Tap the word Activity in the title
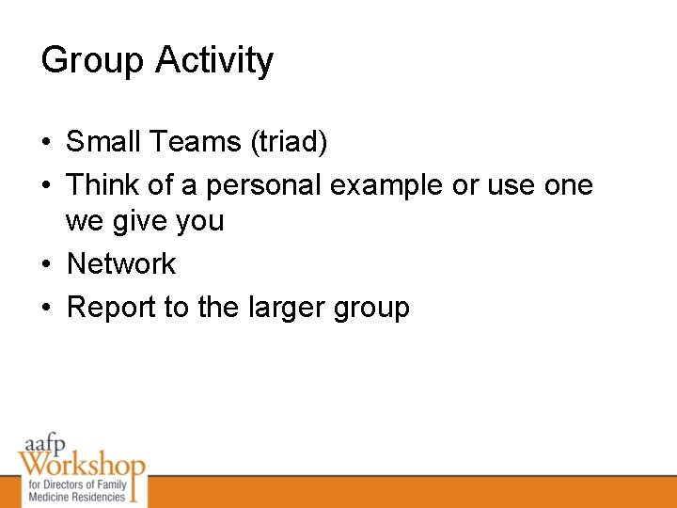point(214,61)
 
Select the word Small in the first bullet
point(102,142)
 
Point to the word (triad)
point(289,143)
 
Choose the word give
point(147,222)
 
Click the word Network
point(121,264)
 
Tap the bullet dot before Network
point(46,265)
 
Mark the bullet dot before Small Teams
point(46,143)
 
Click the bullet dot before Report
point(46,308)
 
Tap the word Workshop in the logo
point(81,466)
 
